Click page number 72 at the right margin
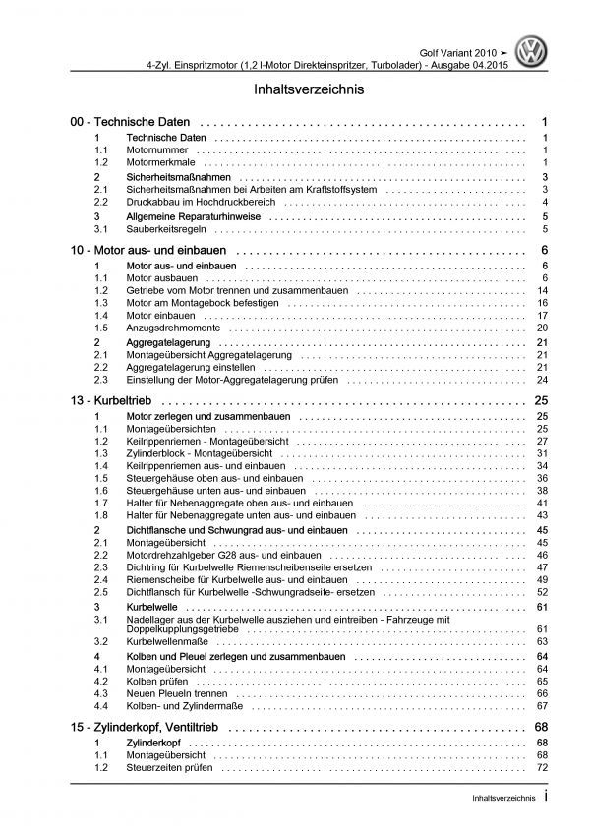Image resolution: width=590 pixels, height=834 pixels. point(542,764)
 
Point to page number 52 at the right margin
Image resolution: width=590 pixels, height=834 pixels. point(542,593)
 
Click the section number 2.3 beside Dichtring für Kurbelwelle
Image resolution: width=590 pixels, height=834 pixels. point(100,567)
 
